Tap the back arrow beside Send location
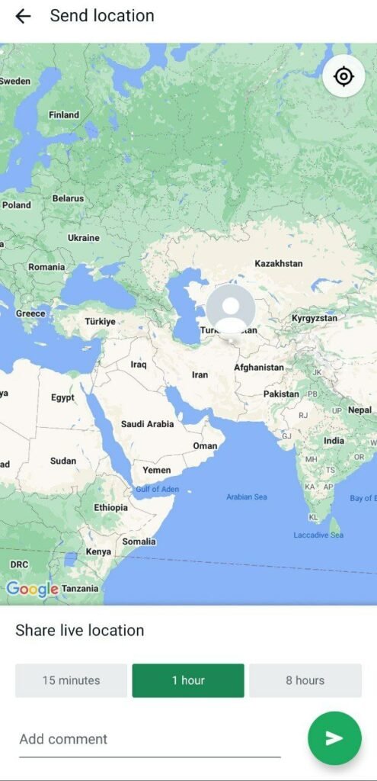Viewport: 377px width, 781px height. click(23, 16)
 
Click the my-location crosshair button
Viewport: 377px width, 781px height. click(343, 76)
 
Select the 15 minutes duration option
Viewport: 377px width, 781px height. click(71, 680)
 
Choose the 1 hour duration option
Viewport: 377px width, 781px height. click(188, 680)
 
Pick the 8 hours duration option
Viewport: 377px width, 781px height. click(305, 680)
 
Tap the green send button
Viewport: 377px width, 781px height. click(334, 738)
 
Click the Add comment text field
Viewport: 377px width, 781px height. click(149, 739)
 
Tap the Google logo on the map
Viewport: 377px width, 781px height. click(32, 589)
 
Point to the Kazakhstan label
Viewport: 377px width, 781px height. click(278, 263)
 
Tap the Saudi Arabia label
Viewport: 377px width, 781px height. click(147, 424)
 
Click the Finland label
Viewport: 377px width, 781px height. click(64, 115)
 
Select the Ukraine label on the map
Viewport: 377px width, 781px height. click(84, 238)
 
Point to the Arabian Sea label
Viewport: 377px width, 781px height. click(247, 497)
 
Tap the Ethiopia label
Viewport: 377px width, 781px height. click(111, 507)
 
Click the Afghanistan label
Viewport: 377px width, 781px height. click(259, 368)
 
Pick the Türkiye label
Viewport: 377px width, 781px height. click(100, 322)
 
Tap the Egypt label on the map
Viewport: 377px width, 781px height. click(62, 397)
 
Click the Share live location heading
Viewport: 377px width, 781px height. click(80, 631)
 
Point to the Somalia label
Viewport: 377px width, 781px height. click(139, 542)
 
